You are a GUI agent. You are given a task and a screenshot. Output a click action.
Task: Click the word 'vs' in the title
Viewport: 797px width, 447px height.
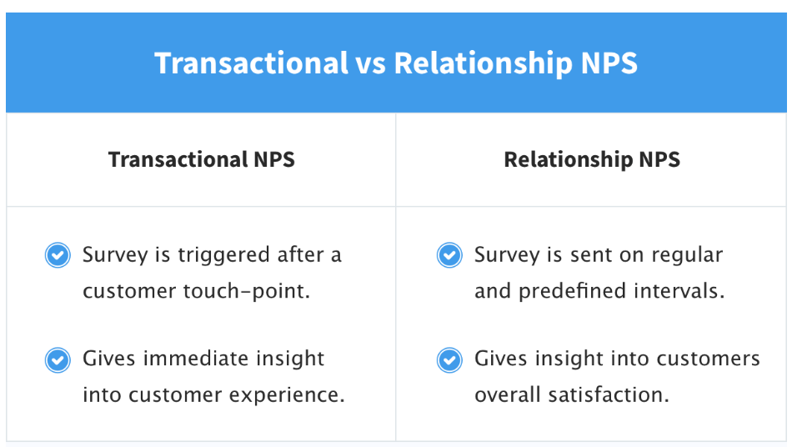click(370, 63)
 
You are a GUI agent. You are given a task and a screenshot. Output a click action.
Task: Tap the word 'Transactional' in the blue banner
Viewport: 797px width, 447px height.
click(251, 63)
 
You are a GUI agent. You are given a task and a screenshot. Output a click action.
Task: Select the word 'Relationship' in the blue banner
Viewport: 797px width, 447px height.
click(483, 63)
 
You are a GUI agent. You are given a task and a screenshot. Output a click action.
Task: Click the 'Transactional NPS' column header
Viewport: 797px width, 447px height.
click(201, 159)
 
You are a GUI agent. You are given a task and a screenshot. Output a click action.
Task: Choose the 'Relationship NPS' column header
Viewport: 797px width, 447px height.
click(592, 159)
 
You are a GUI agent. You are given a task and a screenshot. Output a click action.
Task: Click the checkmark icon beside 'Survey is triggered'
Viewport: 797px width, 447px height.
click(58, 255)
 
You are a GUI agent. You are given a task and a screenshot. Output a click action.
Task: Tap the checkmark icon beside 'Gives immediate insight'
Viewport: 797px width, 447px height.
click(58, 360)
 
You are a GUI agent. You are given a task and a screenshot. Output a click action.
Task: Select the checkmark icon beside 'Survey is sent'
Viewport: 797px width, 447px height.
click(449, 255)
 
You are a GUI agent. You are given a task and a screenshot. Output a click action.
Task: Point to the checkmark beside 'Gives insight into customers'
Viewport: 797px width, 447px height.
click(449, 360)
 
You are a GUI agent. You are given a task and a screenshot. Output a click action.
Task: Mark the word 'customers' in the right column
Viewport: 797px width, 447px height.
click(708, 359)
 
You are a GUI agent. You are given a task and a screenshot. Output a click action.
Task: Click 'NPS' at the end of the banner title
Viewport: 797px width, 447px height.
click(609, 63)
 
